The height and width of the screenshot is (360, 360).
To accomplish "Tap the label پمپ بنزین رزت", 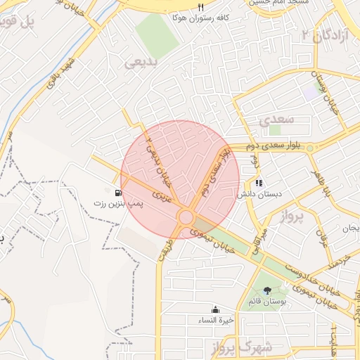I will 118,203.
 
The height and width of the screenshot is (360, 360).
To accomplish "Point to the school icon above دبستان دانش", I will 259,183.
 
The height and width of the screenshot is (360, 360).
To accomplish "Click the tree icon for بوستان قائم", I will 266,290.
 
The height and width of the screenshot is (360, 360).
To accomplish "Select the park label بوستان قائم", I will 266,302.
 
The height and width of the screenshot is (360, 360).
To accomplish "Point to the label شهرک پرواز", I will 236,347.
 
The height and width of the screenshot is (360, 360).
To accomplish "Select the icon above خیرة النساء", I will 215,310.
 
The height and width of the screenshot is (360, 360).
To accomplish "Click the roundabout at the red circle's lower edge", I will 186,217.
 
